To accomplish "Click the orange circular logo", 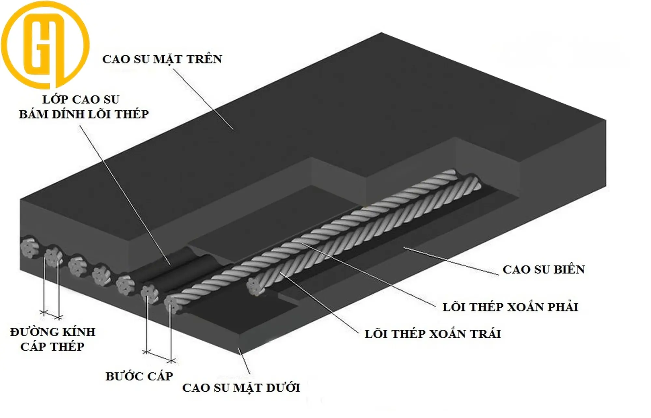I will pos(45,45).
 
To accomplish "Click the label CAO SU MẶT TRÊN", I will pos(162,59).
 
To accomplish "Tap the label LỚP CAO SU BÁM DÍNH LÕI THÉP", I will pos(83,107).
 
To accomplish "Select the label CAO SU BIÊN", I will pos(544,270).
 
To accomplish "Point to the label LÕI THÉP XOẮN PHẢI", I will pos(510,307).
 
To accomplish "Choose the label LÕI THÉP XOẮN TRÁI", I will pos(432,334).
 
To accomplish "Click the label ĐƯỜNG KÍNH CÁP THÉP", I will pos(52,339).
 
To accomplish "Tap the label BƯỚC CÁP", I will pos(139,376).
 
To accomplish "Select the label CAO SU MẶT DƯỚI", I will pos(241,388).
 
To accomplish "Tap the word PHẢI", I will pos(562,307).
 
